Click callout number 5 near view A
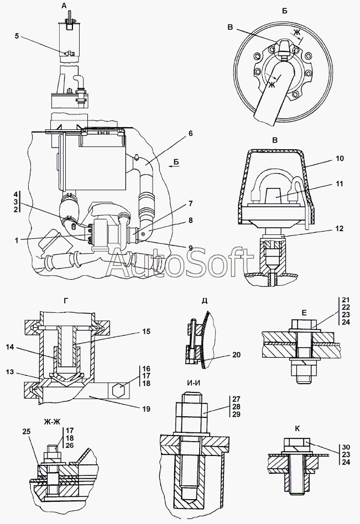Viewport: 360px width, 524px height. click(x=17, y=37)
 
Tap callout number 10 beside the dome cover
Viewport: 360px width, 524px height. click(x=340, y=158)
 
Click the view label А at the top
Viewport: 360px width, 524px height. click(x=65, y=6)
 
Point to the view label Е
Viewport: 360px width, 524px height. click(x=304, y=312)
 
